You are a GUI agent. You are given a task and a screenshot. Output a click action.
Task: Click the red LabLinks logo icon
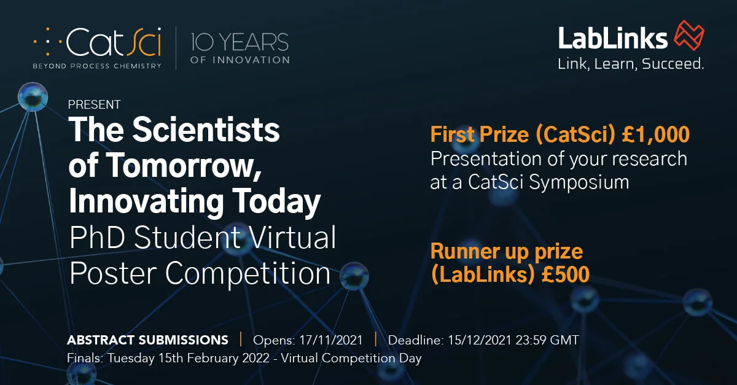click(x=689, y=35)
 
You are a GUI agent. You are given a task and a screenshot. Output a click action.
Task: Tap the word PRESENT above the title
click(x=94, y=104)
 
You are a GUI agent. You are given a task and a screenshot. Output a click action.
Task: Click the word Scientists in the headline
click(x=206, y=130)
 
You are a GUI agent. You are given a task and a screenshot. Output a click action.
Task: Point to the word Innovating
click(x=146, y=201)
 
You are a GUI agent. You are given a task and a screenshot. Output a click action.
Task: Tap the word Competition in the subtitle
click(x=248, y=274)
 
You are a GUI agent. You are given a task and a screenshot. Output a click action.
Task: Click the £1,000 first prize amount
click(x=656, y=134)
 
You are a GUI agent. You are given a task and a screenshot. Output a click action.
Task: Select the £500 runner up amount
click(x=565, y=274)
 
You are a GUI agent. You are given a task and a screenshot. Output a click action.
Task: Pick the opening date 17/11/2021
click(x=331, y=340)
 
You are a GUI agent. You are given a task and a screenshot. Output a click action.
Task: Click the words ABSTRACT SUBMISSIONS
click(x=148, y=340)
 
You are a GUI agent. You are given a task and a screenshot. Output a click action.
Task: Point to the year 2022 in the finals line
click(x=256, y=358)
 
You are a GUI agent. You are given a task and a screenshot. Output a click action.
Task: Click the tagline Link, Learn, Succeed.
click(x=631, y=64)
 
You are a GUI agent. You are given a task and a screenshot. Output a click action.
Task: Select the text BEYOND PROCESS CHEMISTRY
click(x=97, y=66)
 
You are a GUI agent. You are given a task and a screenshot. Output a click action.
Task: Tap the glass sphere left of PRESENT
click(x=33, y=97)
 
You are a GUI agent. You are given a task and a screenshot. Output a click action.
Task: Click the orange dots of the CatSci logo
click(x=48, y=42)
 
